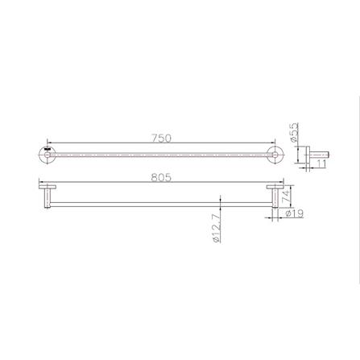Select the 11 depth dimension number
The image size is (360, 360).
point(320,163)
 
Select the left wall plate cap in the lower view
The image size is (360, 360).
point(47,189)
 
